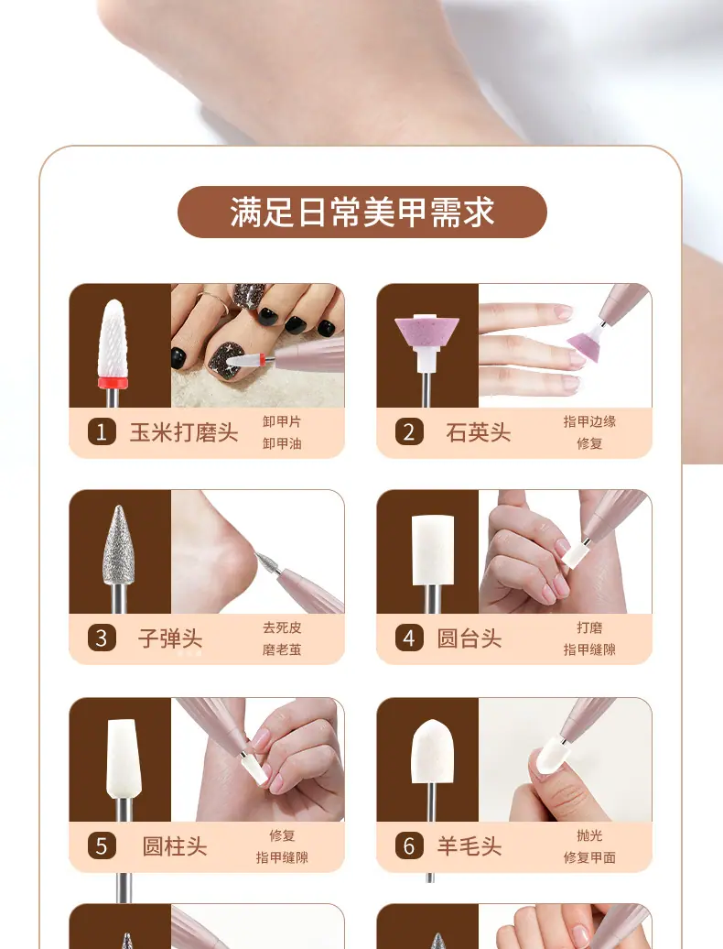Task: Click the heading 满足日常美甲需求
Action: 362,213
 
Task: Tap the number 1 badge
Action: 102,432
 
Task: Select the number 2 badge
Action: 409,432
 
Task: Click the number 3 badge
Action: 102,638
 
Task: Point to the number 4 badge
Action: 409,638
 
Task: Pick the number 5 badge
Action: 102,846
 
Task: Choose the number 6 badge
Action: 409,846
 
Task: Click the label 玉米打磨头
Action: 184,432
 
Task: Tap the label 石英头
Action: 478,432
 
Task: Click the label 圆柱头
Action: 175,846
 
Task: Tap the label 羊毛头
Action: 469,846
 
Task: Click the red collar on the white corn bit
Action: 113,382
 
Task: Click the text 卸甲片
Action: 282,422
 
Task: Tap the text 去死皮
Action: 282,628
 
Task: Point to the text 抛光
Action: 589,835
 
